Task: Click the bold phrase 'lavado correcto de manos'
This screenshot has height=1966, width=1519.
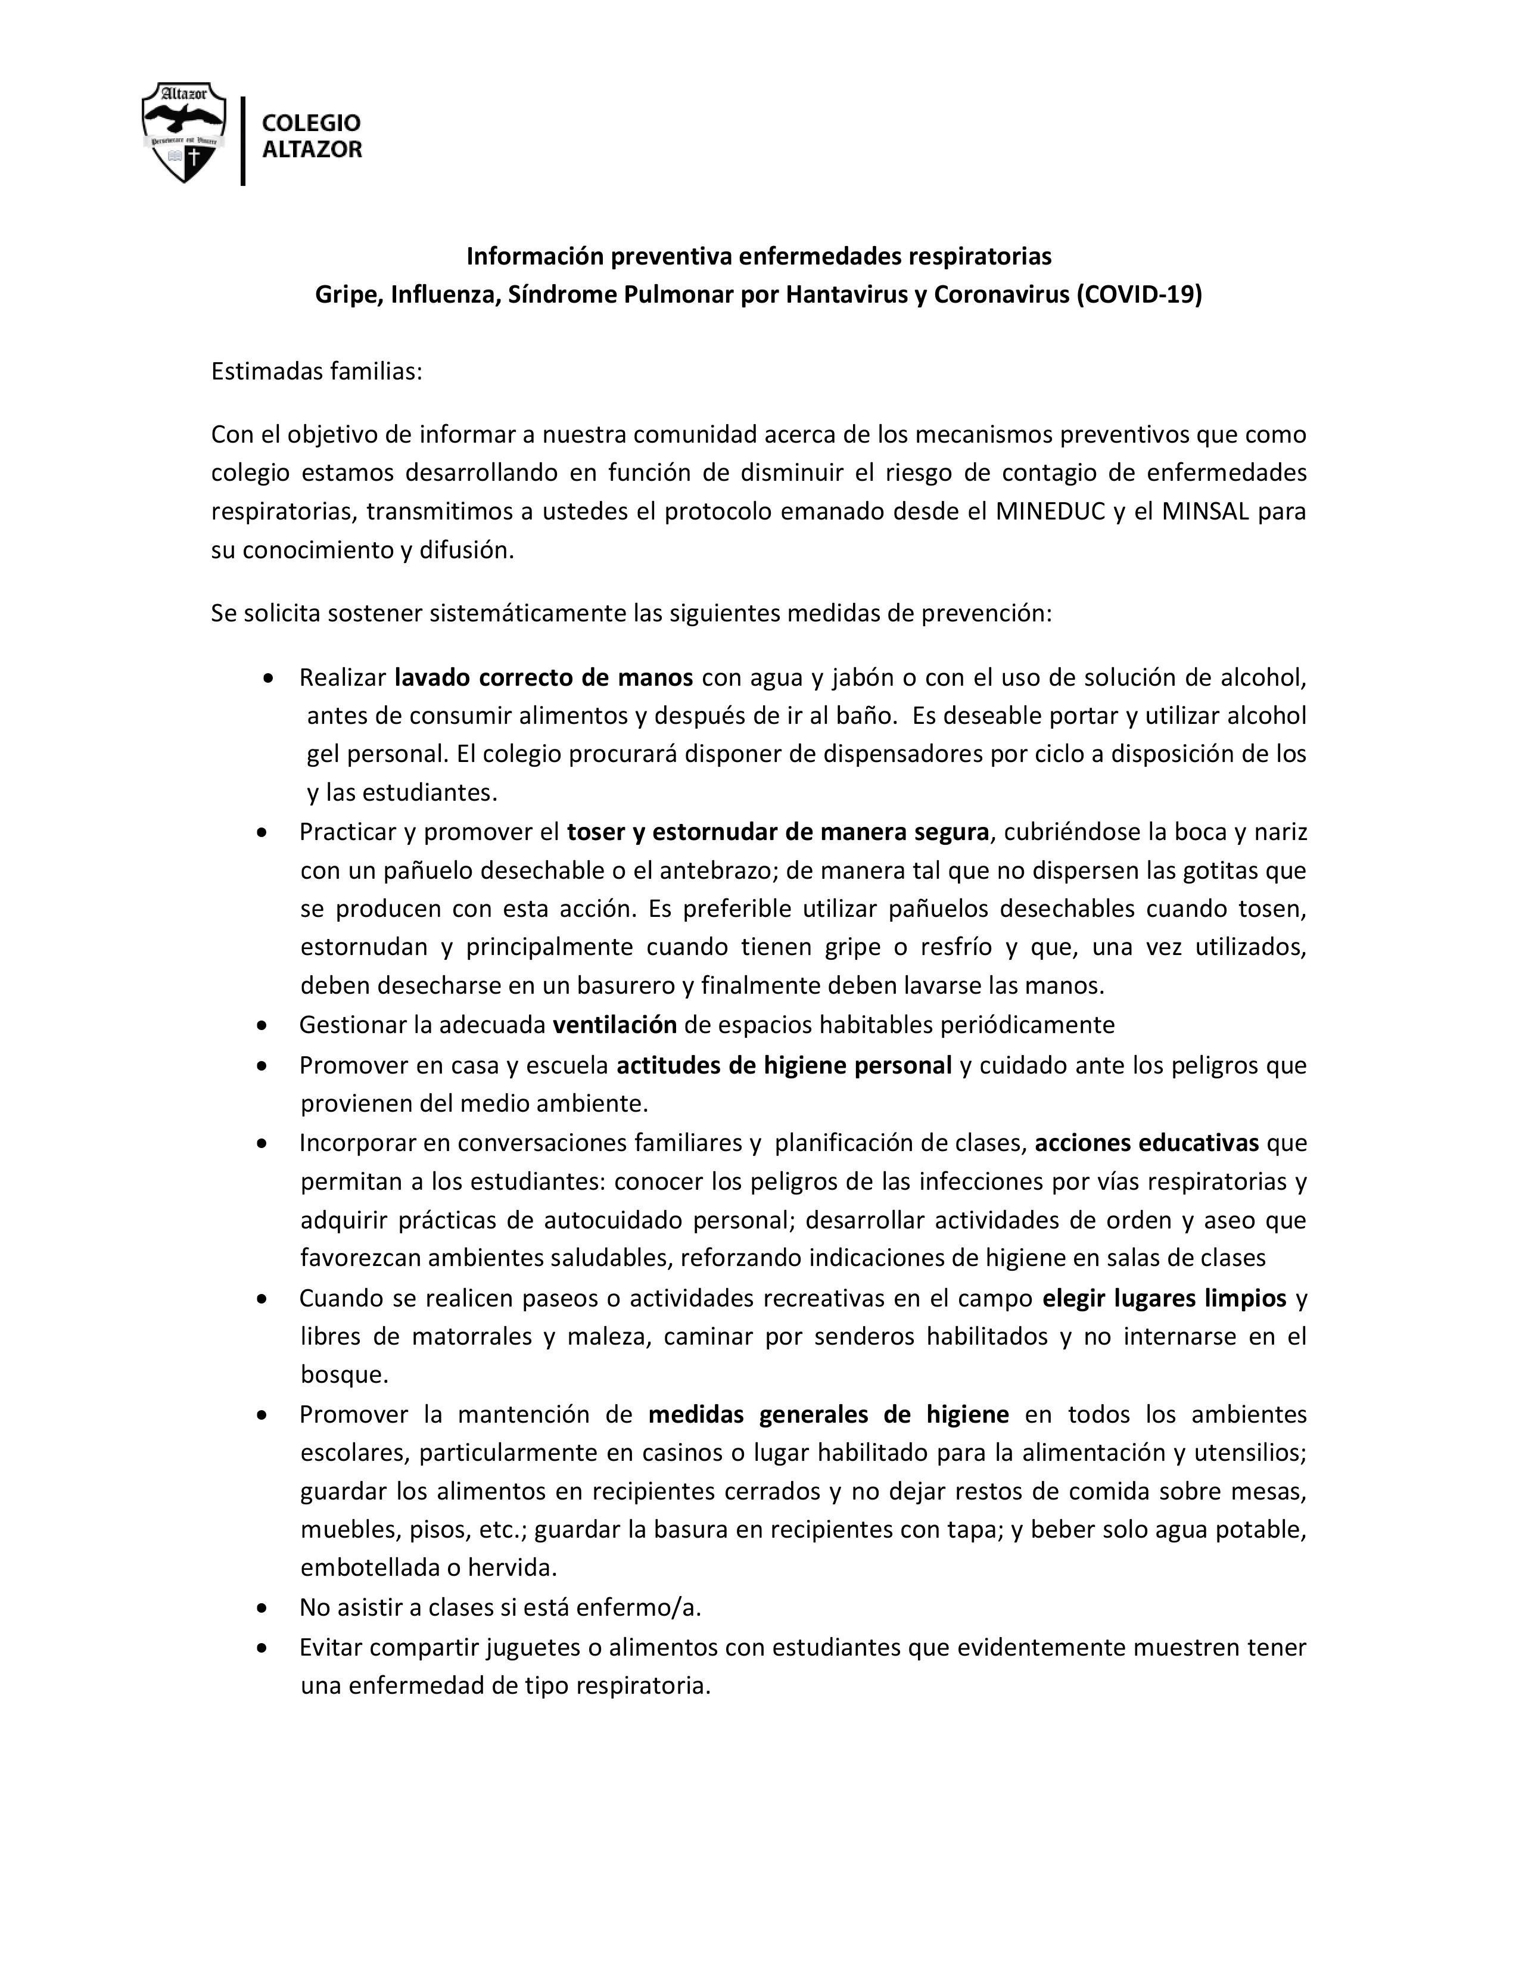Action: click(x=543, y=676)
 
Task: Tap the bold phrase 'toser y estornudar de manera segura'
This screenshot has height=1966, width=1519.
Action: click(x=777, y=831)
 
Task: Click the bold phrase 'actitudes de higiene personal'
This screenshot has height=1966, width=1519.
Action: click(x=784, y=1065)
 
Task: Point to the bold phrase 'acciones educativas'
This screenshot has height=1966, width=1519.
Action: click(x=1147, y=1142)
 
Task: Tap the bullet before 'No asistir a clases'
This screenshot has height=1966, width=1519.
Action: click(x=262, y=1607)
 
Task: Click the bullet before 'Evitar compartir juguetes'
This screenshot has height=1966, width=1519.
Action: click(x=262, y=1647)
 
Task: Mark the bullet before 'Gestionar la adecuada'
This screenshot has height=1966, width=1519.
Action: click(x=262, y=1025)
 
